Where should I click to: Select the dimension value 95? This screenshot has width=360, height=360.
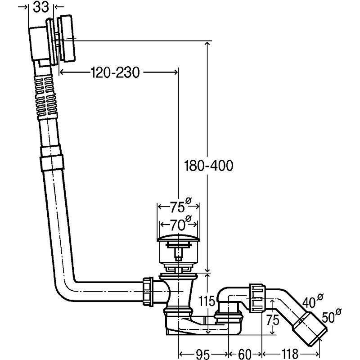[x=203, y=354]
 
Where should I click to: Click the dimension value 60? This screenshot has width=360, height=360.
[x=244, y=354]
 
